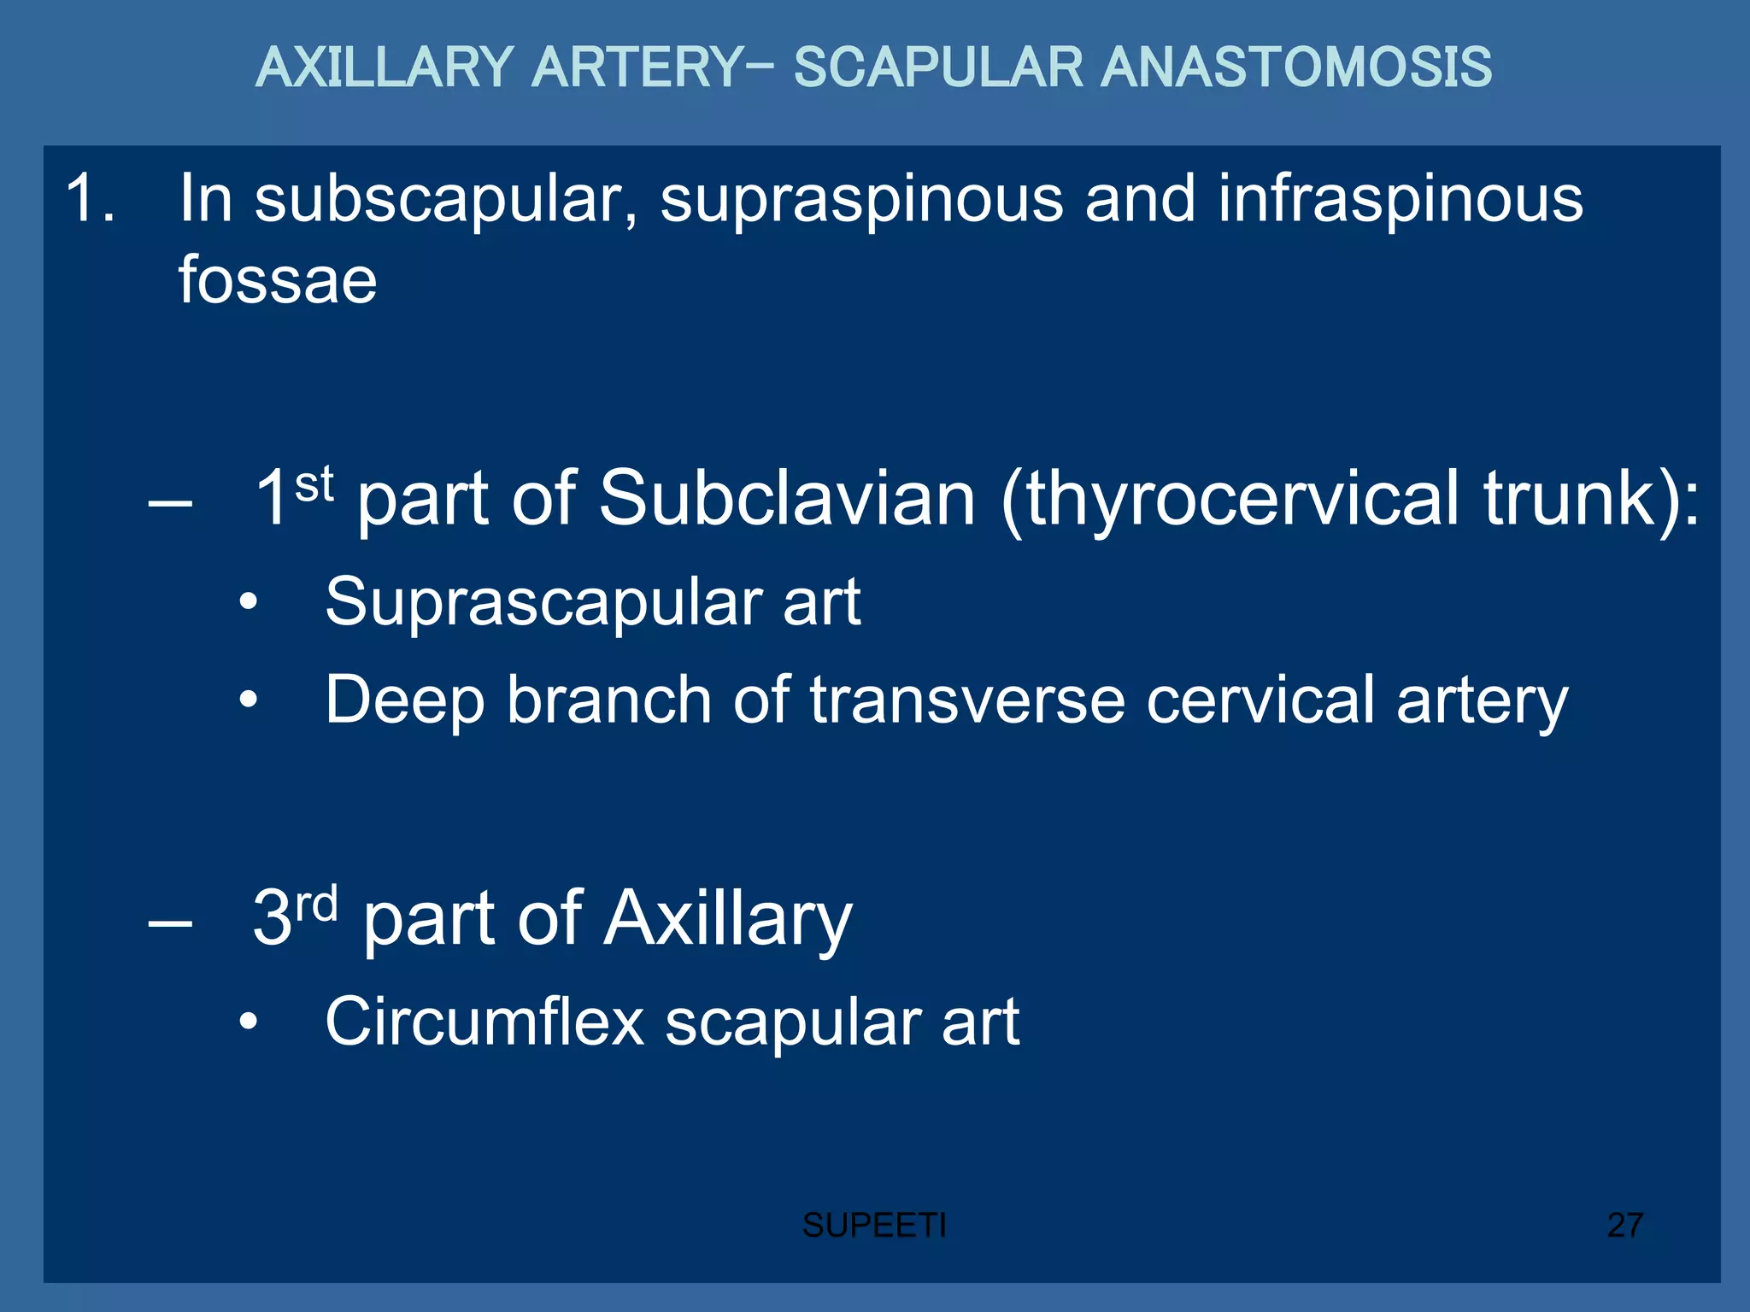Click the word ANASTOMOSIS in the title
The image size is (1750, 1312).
pos(1295,67)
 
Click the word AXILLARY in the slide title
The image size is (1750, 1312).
pos(385,67)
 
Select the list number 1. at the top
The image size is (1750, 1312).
pos(90,199)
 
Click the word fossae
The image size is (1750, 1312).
pos(277,280)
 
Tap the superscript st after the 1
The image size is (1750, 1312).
pos(314,485)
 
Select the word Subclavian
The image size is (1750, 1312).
pos(787,499)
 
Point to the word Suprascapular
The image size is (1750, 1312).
pos(542,603)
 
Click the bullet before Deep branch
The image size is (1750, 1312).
pos(248,700)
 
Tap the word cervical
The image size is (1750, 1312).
pos(1260,700)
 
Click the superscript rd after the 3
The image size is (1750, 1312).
pos(316,904)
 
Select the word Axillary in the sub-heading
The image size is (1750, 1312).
pos(728,919)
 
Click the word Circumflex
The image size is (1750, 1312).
pos(484,1022)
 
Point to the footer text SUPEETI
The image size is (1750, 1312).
pos(874,1226)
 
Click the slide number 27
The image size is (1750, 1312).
pos(1624,1226)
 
